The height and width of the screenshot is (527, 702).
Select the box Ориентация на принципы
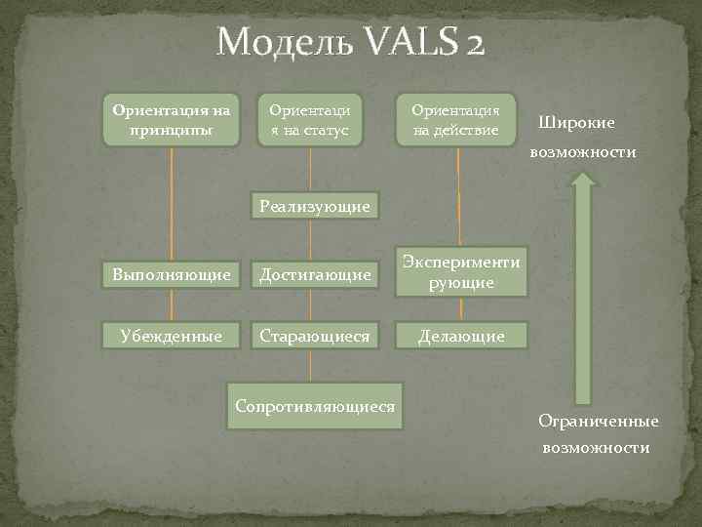pos(172,119)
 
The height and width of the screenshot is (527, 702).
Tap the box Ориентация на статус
pos(309,119)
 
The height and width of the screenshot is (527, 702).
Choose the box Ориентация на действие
pos(455,119)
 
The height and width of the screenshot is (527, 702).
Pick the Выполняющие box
pos(172,275)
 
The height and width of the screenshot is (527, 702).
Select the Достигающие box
pos(314,275)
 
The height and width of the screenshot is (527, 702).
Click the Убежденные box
pos(172,336)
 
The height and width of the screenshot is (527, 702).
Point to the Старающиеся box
pos(314,336)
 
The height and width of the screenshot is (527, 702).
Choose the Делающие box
pos(461,336)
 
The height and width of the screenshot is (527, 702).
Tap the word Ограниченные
pos(599,421)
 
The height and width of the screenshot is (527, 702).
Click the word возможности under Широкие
pos(583,152)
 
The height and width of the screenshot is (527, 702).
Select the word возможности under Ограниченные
pos(597,447)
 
